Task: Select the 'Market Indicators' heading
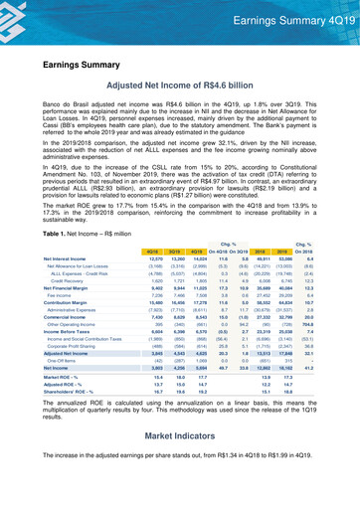click(180, 463)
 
